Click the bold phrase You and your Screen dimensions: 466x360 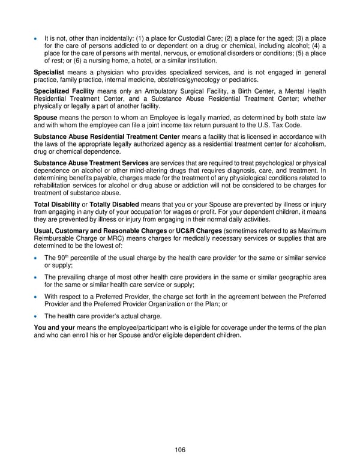(x=54, y=327)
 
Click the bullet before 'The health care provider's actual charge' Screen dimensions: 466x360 (x=37, y=316)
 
